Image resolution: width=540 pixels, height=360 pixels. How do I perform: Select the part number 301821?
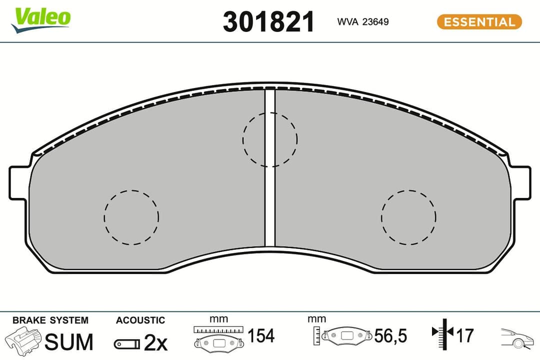point(268,22)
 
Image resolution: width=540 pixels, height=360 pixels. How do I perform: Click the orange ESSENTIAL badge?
point(479,22)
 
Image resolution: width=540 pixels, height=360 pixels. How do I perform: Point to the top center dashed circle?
point(270,139)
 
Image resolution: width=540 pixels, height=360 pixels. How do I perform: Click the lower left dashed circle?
point(131,217)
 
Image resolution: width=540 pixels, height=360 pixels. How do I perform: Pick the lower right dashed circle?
point(408,217)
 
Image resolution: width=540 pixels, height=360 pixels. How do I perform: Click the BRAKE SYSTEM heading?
point(50,320)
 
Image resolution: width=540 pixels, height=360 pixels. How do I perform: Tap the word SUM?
point(69,342)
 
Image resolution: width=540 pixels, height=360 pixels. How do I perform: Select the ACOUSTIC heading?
point(140,320)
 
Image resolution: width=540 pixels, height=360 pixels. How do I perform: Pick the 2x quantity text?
point(155,342)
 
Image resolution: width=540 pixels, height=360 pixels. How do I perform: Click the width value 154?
point(261,336)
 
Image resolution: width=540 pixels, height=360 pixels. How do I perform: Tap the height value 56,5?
point(391,336)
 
